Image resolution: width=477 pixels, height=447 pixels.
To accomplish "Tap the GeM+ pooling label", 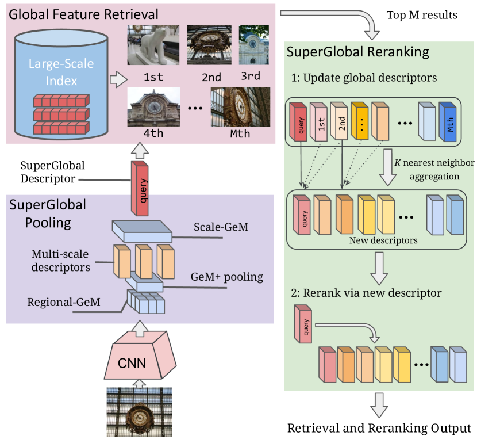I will [x=227, y=277].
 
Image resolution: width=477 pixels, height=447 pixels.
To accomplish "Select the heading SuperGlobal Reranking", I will [x=358, y=52].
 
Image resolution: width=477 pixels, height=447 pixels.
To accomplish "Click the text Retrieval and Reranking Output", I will [x=379, y=429].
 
